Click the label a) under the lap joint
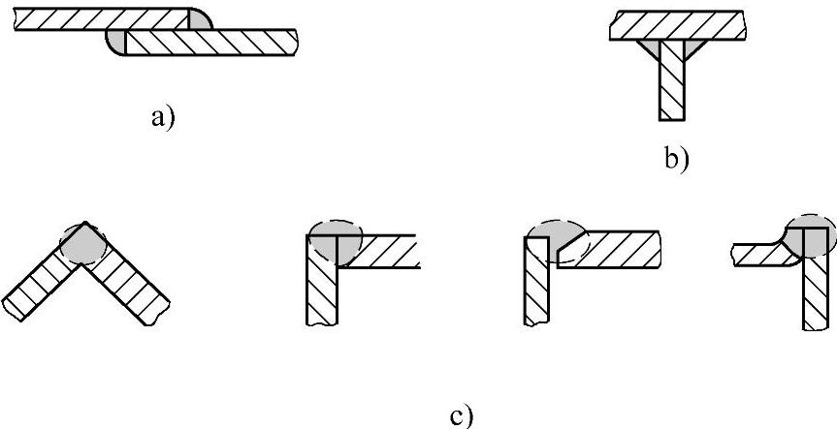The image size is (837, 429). tap(162, 118)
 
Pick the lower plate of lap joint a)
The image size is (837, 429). tap(213, 41)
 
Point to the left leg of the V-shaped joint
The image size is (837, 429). tap(39, 281)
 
